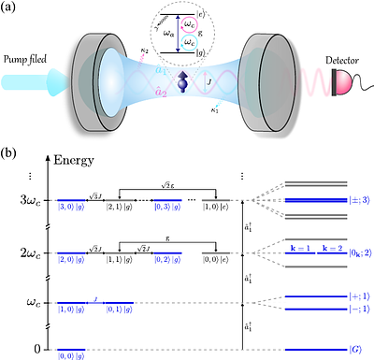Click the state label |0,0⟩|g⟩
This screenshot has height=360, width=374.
click(x=71, y=355)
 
